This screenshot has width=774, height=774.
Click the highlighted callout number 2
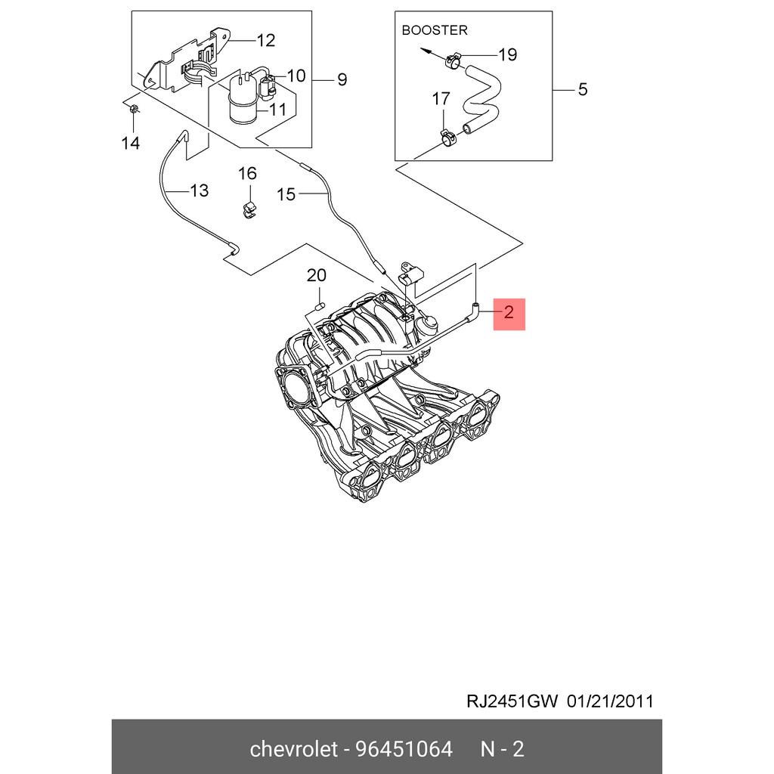point(509,312)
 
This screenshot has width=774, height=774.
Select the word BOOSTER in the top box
point(434,30)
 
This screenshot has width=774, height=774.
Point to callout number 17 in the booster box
point(441,99)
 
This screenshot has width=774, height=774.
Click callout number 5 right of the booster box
point(582,90)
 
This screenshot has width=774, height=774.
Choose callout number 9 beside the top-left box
point(342,79)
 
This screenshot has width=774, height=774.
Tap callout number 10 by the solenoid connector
point(296,76)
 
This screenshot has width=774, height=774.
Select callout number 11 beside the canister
point(277,109)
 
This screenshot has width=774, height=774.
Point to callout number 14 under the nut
point(131,143)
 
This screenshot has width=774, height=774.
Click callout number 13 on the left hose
point(198,190)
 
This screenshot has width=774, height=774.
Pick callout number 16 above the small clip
point(248,174)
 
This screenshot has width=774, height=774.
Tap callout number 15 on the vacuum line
point(286,195)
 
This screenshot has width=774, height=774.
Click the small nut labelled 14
point(132,111)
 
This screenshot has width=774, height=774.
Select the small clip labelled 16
point(247,208)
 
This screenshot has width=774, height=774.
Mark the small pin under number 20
point(318,306)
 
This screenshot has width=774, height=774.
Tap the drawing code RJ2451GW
point(511,701)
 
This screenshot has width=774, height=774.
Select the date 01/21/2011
point(610,701)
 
